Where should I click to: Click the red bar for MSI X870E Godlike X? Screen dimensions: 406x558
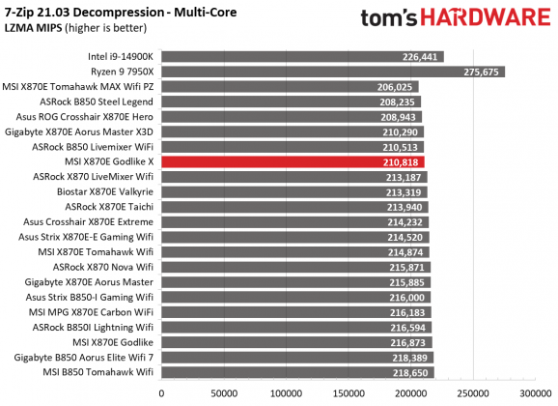pos(293,162)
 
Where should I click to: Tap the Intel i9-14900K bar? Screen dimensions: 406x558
pos(302,57)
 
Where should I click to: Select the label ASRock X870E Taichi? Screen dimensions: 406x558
pos(109,207)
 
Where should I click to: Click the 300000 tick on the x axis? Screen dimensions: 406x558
pos(536,394)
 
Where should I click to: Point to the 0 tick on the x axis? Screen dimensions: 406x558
pos(161,394)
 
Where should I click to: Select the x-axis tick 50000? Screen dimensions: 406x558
pos(224,394)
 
